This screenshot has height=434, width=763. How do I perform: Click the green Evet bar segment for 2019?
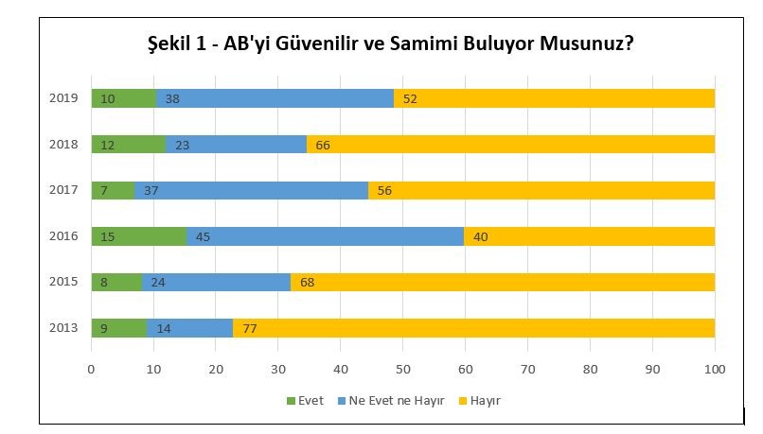tap(123, 98)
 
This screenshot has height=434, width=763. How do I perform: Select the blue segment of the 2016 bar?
tap(325, 236)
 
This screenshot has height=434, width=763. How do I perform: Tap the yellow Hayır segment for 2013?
tap(473, 329)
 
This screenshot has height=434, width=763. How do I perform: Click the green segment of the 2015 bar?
tap(116, 283)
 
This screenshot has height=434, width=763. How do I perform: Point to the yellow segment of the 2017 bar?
tap(541, 190)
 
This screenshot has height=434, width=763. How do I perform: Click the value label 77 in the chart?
tap(249, 329)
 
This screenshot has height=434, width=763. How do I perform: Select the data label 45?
tap(203, 236)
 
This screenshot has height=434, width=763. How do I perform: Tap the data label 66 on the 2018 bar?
tap(322, 145)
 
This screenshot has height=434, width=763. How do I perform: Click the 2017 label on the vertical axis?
tap(62, 190)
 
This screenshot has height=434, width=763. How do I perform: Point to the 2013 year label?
tap(62, 329)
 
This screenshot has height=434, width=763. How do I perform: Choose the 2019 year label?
tap(62, 98)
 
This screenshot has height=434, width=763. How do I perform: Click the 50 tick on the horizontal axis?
tap(403, 369)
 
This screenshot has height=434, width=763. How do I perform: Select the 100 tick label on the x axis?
tap(715, 369)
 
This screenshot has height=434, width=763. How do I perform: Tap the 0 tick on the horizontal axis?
tap(92, 369)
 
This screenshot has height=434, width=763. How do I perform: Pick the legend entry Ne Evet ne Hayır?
tap(389, 401)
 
